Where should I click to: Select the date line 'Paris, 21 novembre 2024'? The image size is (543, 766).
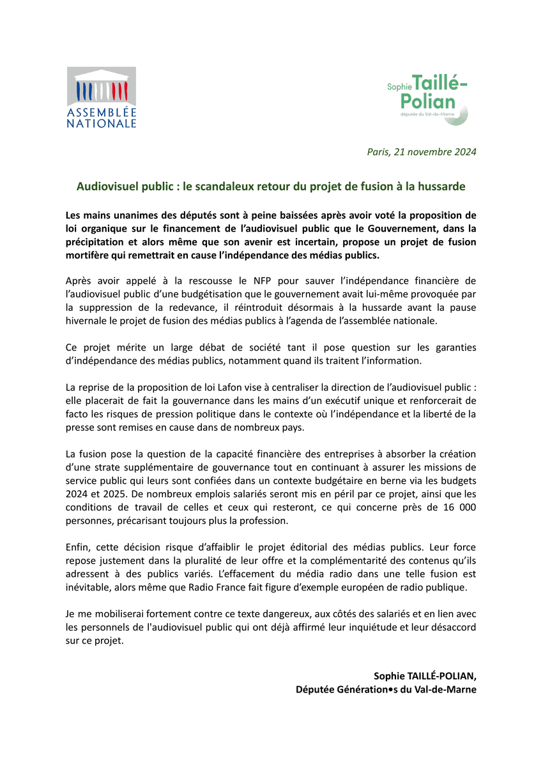[421, 152]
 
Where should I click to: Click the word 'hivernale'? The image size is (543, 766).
[88, 321]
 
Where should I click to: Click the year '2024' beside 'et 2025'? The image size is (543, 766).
[78, 493]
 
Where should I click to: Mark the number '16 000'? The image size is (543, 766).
[456, 507]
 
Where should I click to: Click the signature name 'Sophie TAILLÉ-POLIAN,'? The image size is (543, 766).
[425, 676]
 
